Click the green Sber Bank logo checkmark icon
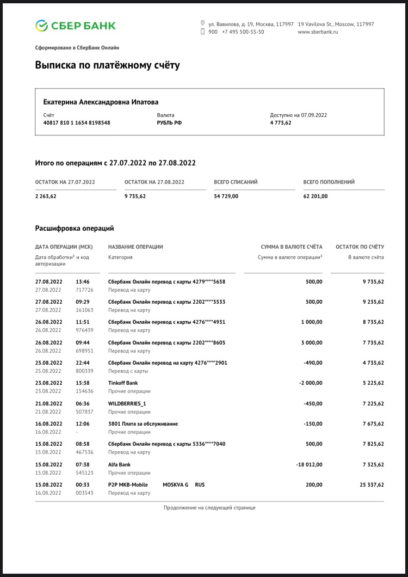coord(42,25)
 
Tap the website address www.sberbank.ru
coord(318,32)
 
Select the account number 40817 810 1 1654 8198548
coord(77,123)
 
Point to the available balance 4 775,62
coord(281,123)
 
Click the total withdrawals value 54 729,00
coord(226,196)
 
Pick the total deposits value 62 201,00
coord(316,196)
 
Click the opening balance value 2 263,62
coord(46,196)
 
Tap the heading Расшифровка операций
coord(75,229)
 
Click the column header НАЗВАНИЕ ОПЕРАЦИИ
coord(135,247)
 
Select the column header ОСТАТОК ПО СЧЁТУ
coord(360,247)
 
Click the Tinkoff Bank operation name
coord(123,383)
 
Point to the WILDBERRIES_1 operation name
coord(127,403)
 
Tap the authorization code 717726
coord(84,290)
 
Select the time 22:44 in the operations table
coord(82,363)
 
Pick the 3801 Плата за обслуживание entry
coord(143,423)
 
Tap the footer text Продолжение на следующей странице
coord(209,507)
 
